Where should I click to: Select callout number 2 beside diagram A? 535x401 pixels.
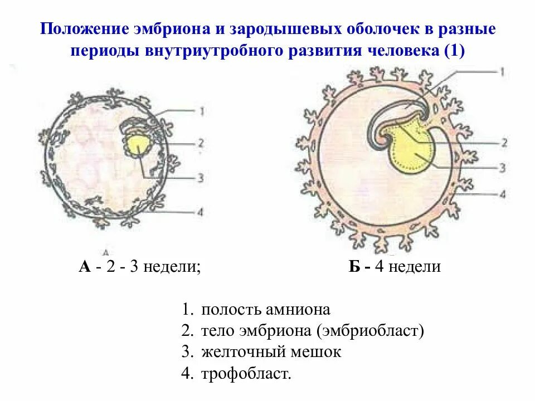(201, 143)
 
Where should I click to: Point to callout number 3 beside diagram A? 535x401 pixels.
(201, 178)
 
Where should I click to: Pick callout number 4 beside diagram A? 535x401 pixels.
(201, 212)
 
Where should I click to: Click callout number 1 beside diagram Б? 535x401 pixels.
(502, 71)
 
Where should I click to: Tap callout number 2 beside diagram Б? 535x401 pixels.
(503, 143)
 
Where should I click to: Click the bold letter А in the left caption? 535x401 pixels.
(85, 267)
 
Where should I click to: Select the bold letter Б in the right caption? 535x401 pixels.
(354, 267)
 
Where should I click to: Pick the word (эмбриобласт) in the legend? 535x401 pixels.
(371, 331)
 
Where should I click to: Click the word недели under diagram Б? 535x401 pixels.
(415, 267)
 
